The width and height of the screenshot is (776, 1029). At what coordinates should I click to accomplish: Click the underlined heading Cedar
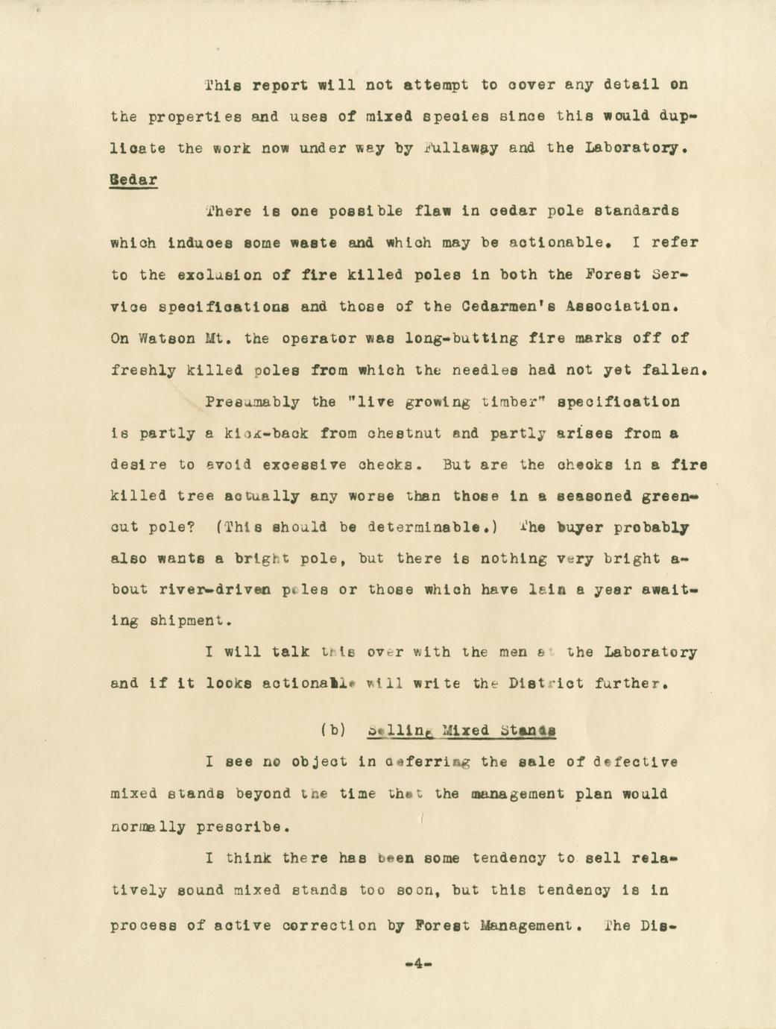133,180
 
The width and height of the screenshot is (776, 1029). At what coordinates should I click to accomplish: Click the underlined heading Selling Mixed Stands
462,730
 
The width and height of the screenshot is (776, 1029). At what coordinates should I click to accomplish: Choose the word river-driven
215,589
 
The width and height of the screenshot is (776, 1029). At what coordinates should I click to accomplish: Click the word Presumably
252,402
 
